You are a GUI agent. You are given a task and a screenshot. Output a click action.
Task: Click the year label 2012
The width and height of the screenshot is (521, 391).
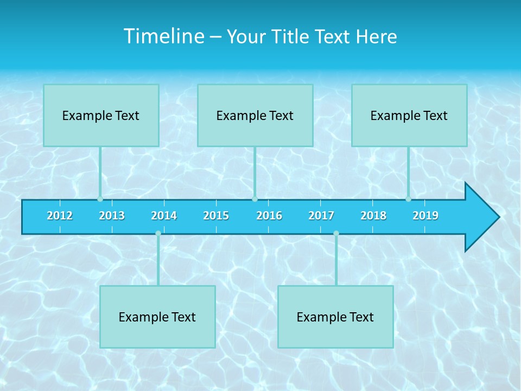[60, 216]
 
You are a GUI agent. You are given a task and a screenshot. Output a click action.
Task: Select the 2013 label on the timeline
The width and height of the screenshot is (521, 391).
[112, 216]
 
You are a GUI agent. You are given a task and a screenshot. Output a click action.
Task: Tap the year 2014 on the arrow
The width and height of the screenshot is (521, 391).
[164, 216]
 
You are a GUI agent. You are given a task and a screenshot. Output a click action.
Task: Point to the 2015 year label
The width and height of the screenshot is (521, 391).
[216, 216]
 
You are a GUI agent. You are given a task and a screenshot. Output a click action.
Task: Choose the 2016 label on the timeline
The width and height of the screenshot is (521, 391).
[269, 216]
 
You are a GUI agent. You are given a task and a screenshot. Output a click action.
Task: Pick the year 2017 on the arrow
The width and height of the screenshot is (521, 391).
[321, 216]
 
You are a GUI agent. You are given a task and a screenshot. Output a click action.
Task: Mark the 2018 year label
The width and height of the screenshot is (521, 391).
[373, 216]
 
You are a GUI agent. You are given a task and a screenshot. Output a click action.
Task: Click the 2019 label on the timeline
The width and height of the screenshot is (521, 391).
[425, 216]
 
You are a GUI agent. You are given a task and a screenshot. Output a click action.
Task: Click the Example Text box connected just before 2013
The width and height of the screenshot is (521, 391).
[101, 115]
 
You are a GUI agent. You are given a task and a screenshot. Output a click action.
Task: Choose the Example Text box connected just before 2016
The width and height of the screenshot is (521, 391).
[255, 115]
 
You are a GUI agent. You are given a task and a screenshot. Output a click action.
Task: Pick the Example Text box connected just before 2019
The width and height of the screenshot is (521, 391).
[409, 115]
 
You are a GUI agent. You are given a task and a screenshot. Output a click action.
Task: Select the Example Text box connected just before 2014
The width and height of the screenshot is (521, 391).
[157, 317]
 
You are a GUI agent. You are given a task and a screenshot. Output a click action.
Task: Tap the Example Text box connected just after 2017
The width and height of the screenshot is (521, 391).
[335, 317]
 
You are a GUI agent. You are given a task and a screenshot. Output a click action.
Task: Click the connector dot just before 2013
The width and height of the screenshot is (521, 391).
[100, 199]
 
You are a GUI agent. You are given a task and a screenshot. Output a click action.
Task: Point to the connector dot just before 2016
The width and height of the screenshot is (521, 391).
[255, 199]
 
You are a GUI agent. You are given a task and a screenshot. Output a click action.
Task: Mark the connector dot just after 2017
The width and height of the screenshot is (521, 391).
[336, 234]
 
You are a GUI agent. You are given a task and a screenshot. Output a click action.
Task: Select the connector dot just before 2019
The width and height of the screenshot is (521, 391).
[408, 199]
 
